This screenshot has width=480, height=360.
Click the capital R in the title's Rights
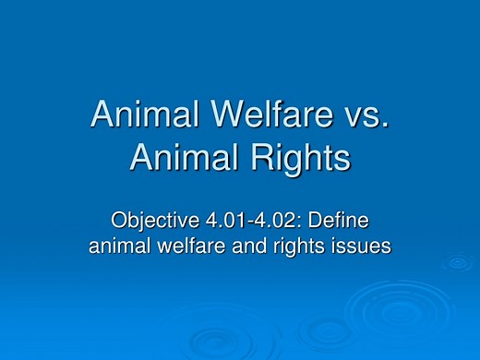[x=262, y=159]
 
